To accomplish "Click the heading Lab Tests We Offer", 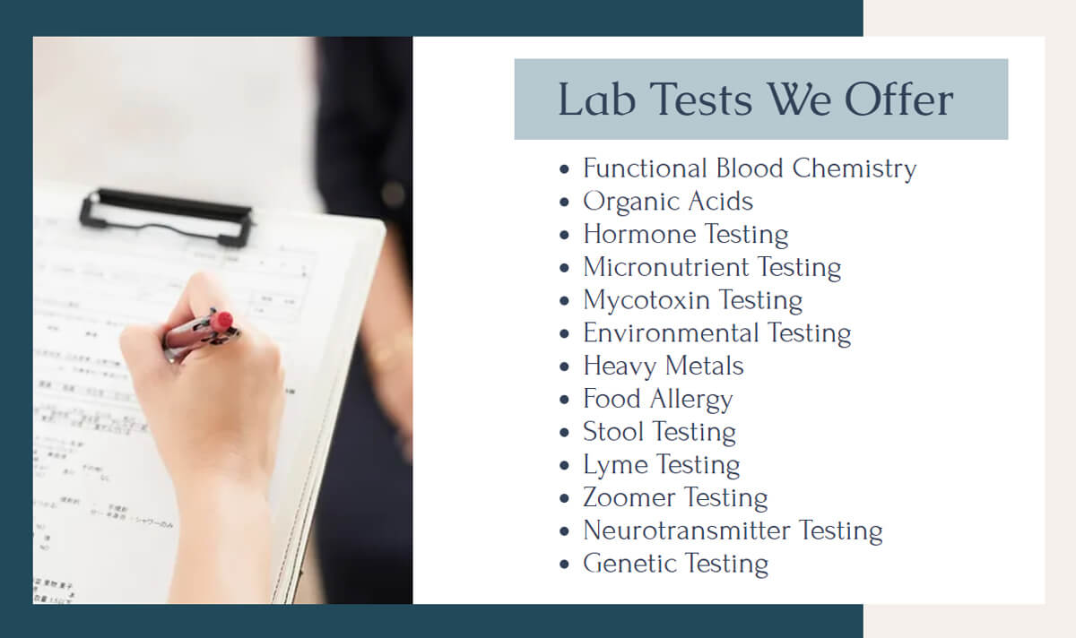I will [x=755, y=99].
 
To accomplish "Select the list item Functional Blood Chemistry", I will [x=750, y=168].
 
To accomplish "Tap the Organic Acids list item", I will [x=668, y=202].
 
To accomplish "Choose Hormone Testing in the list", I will [x=686, y=235].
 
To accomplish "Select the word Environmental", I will [x=659, y=333].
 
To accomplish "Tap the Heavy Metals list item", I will [x=664, y=366].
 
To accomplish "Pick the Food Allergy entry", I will [x=658, y=399].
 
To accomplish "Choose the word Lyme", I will [x=615, y=465].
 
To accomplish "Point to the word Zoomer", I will [x=628, y=498].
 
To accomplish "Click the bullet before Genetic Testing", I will [x=564, y=565].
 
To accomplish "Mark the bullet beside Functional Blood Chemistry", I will [x=564, y=169].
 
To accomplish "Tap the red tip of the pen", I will [x=221, y=321].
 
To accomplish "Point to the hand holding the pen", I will [x=206, y=385].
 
